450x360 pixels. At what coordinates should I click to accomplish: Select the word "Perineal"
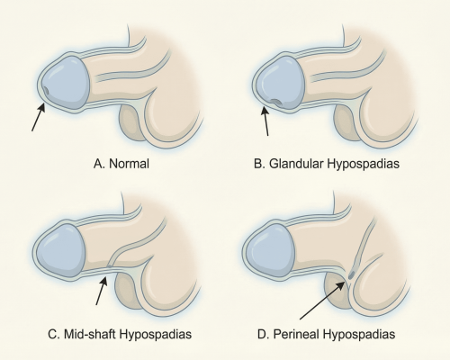311,338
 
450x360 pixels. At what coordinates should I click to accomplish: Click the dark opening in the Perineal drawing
353,267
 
